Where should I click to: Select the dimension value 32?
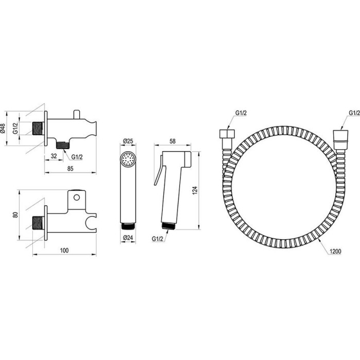53,156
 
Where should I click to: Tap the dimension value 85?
70,169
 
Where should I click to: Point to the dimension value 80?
15,215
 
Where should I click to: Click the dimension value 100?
64,250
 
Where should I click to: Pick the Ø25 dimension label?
128,141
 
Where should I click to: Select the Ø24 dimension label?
128,238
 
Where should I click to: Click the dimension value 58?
172,141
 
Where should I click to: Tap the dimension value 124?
195,191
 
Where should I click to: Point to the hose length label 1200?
335,251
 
